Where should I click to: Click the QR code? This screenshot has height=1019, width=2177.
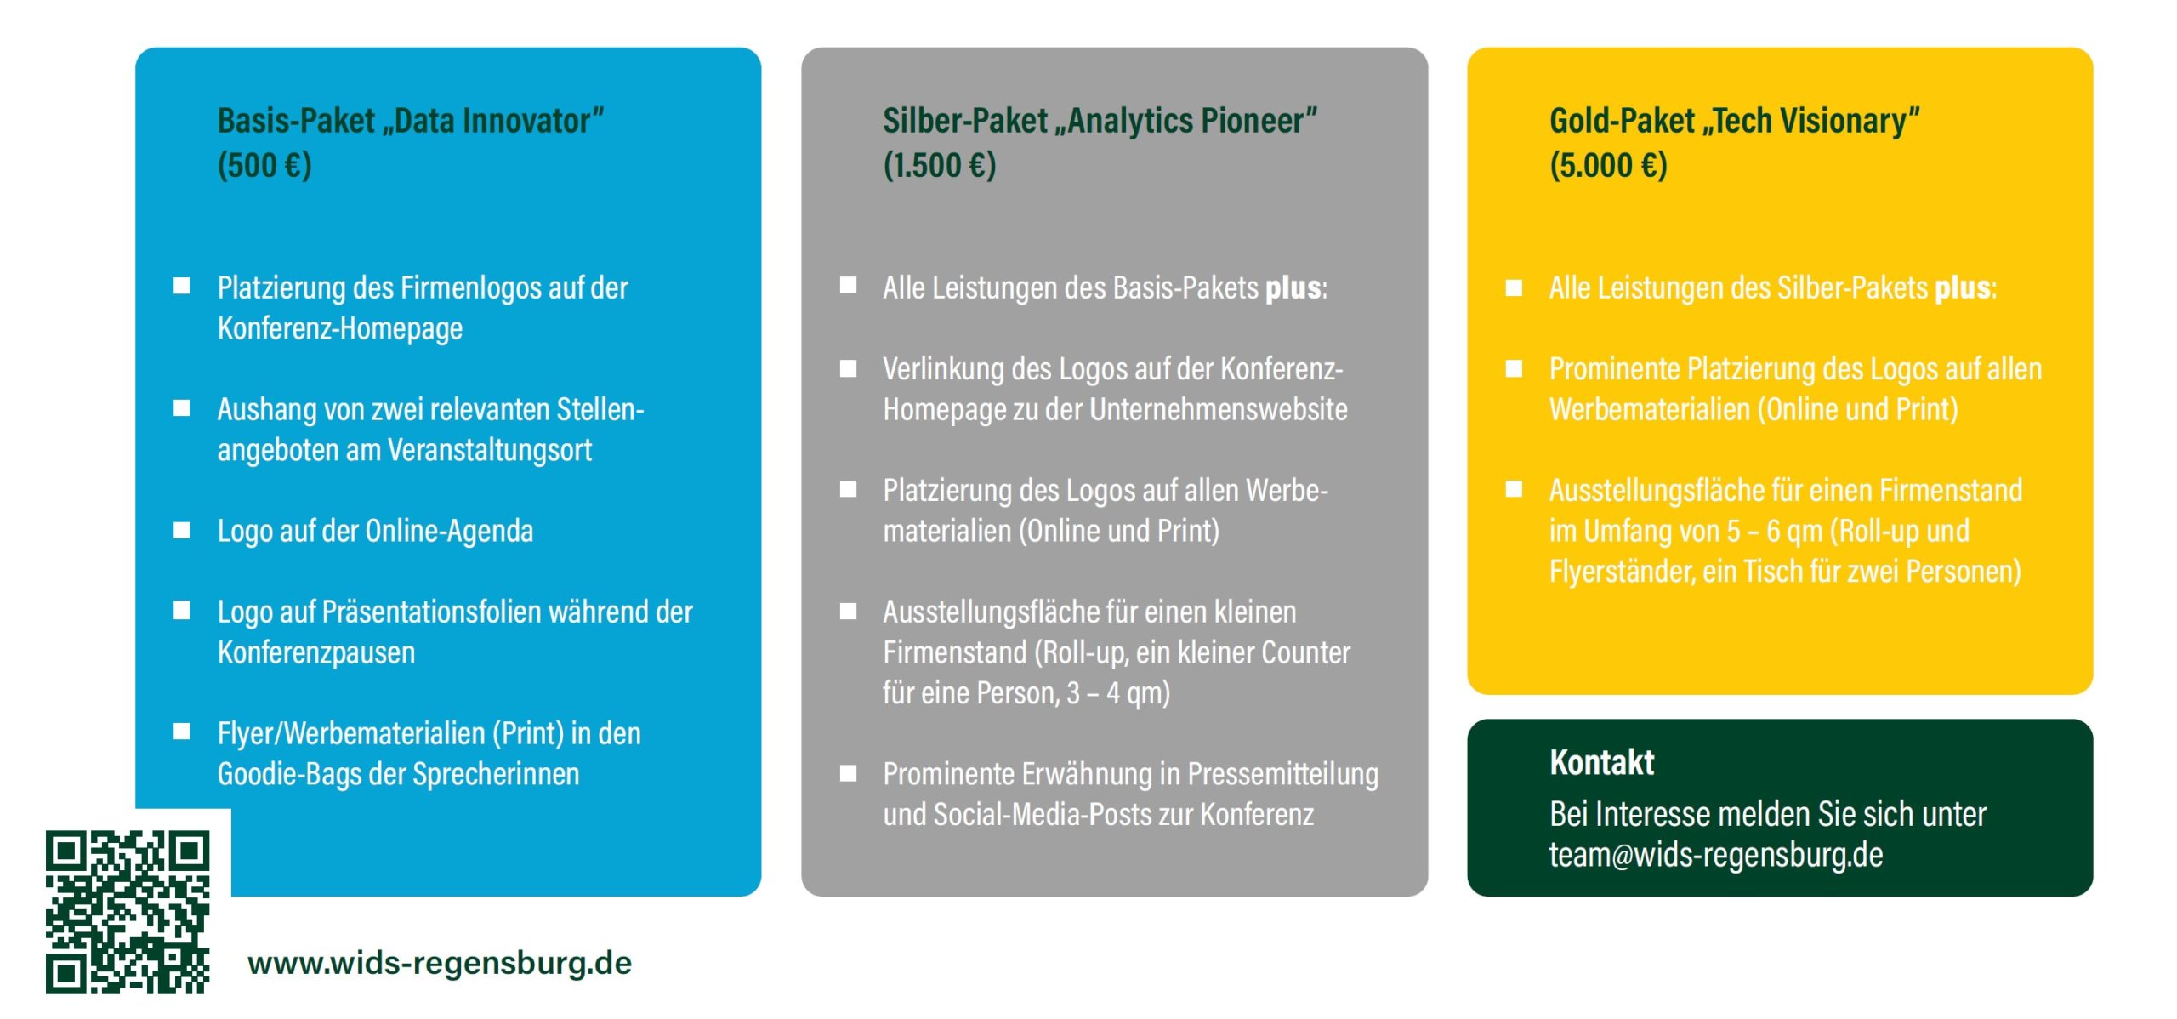pyautogui.click(x=128, y=911)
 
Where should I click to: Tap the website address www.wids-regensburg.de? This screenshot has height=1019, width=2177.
pyautogui.click(x=440, y=963)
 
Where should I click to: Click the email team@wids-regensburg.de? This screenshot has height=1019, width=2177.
pyautogui.click(x=1715, y=855)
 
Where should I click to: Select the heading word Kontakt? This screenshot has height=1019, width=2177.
pyautogui.click(x=1601, y=762)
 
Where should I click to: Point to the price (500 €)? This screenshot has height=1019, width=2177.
pyautogui.click(x=264, y=165)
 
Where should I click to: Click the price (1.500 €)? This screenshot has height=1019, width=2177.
pyautogui.click(x=939, y=165)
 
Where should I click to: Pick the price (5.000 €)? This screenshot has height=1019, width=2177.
pyautogui.click(x=1607, y=165)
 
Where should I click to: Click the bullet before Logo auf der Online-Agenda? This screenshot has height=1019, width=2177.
pyautogui.click(x=182, y=530)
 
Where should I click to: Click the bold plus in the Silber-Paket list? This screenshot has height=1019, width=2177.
pyautogui.click(x=1293, y=288)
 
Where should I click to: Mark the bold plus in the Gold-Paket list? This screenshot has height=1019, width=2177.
pyautogui.click(x=1963, y=288)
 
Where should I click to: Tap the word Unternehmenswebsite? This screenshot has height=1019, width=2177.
pyautogui.click(x=1218, y=410)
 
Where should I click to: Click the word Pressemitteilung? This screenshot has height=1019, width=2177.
pyautogui.click(x=1282, y=774)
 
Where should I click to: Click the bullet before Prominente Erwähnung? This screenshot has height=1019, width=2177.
pyautogui.click(x=848, y=773)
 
